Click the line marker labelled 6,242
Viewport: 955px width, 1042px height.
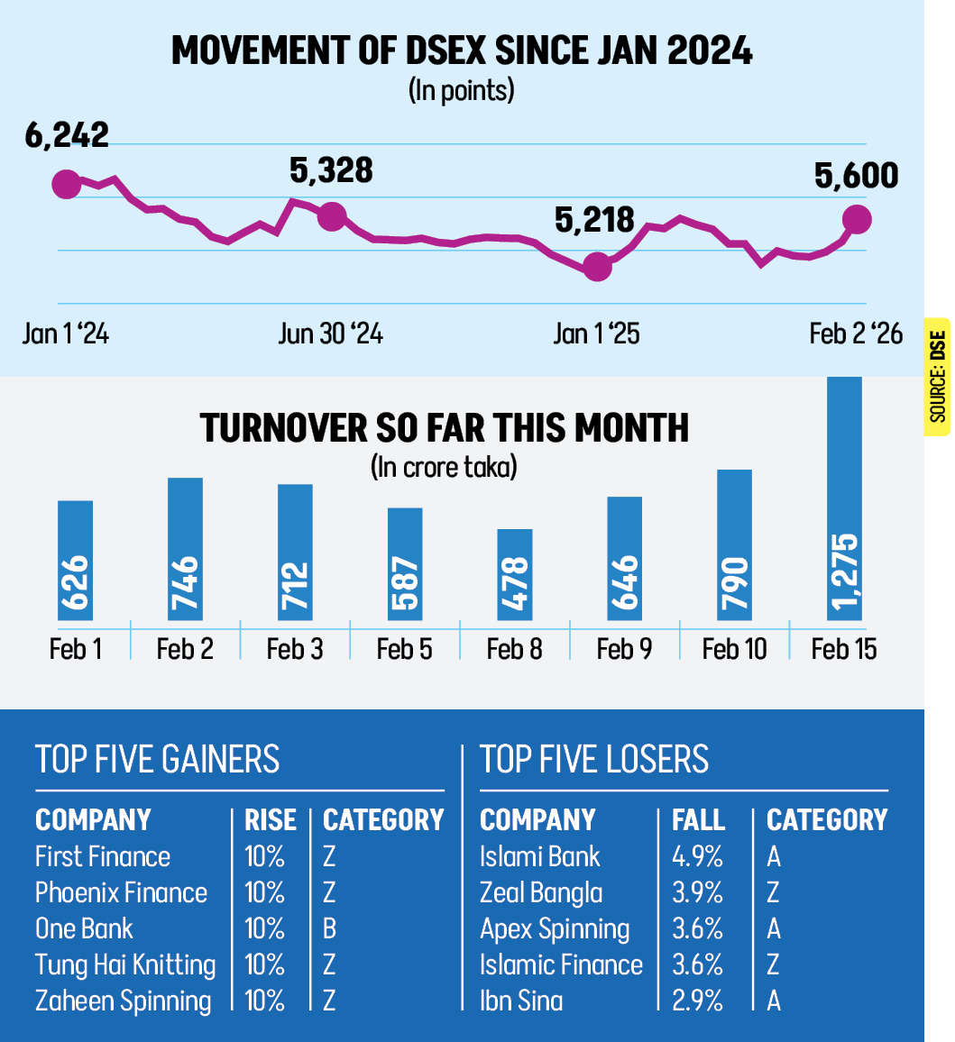(65, 185)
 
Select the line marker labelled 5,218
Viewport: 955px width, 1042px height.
(596, 267)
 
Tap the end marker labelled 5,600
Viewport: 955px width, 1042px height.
(857, 219)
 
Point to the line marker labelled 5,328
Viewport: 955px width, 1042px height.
(332, 216)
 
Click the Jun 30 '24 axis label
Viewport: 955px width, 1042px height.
(330, 334)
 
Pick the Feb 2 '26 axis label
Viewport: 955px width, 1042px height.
(855, 334)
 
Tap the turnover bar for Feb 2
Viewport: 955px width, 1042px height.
(185, 549)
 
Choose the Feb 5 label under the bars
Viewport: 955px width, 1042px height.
(405, 649)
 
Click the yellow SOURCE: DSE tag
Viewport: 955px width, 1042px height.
(938, 376)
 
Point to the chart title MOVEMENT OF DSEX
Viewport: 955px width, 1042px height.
(462, 52)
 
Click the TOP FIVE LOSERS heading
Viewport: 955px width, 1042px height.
(594, 760)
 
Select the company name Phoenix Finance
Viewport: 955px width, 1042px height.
(121, 893)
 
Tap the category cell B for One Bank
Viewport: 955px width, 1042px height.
(329, 929)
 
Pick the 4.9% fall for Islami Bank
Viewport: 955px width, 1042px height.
(697, 857)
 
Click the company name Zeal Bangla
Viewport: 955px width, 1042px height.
(541, 893)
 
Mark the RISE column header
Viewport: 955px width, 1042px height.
(271, 820)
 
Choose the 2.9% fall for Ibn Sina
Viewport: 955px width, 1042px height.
(697, 1001)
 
